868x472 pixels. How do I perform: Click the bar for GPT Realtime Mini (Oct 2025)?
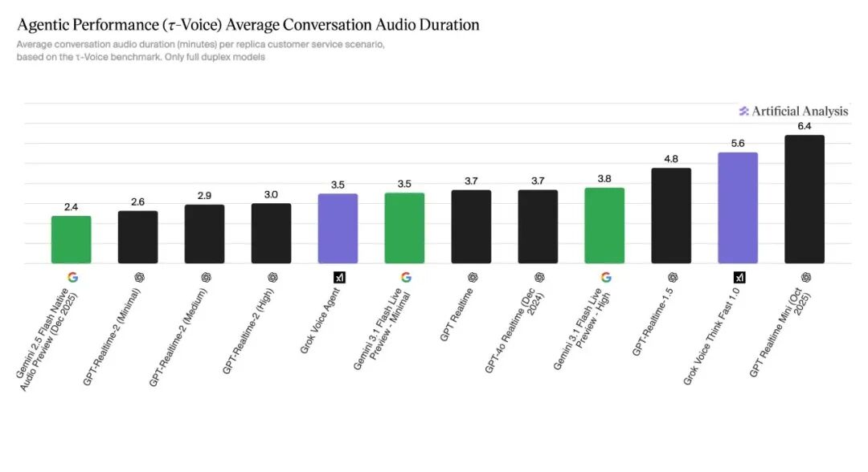(x=805, y=199)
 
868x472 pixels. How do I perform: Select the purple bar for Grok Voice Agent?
(x=338, y=228)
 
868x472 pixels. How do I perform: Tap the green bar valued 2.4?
(x=72, y=239)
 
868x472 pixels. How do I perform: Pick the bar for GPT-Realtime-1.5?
(x=671, y=216)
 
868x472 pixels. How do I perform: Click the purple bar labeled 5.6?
(x=738, y=208)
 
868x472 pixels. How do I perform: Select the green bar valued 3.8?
(x=604, y=226)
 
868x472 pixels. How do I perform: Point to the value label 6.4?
(x=805, y=126)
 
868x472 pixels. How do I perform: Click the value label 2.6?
(x=138, y=201)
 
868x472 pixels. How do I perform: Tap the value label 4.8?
(x=671, y=159)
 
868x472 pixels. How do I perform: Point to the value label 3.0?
(x=272, y=194)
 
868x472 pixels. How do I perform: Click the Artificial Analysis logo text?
(x=794, y=111)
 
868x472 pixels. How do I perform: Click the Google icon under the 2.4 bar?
(x=72, y=278)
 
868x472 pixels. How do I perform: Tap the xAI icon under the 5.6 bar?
(x=739, y=278)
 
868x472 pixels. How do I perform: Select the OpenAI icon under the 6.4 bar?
(x=806, y=278)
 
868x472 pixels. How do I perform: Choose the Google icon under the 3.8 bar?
(x=606, y=278)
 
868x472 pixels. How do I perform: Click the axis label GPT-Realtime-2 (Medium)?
(x=178, y=337)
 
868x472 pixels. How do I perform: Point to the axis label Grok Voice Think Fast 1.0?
(x=712, y=336)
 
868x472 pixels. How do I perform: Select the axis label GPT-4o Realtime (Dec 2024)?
(x=515, y=331)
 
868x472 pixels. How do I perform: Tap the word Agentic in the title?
(x=42, y=26)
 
